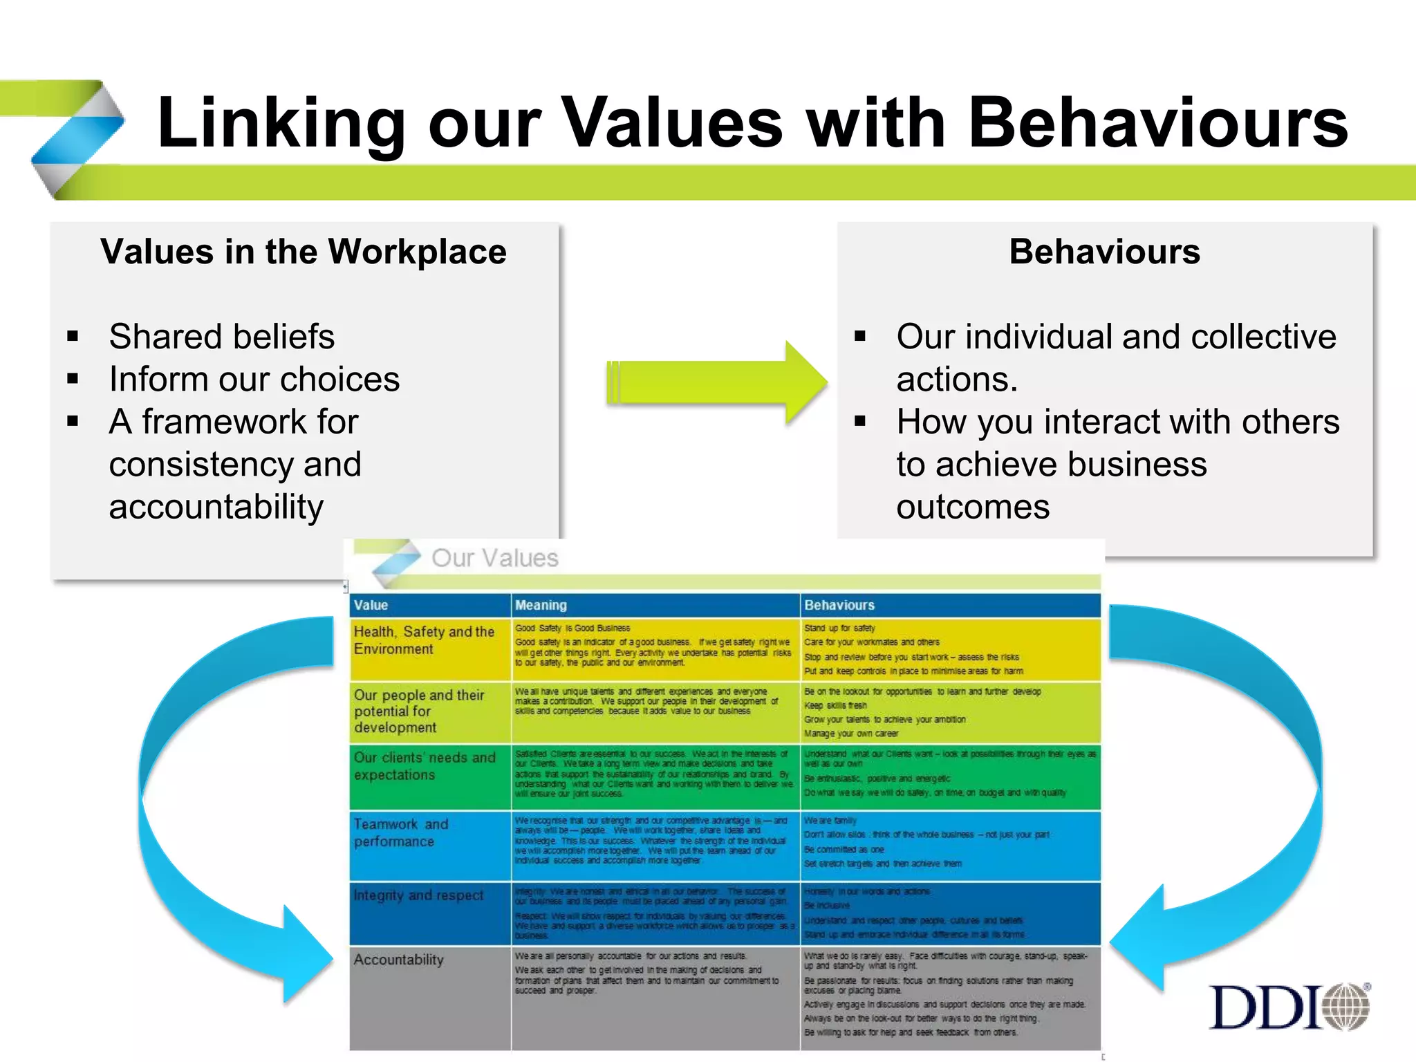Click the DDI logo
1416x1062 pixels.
pyautogui.click(x=1289, y=1007)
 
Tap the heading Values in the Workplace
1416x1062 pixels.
pyautogui.click(x=304, y=252)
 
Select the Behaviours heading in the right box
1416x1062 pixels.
pyautogui.click(x=1104, y=252)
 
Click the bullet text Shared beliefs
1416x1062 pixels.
pyautogui.click(x=221, y=337)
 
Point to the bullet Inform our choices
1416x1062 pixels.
pyautogui.click(x=254, y=380)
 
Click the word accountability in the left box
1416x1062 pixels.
pyautogui.click(x=216, y=507)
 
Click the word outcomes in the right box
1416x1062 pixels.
pyautogui.click(x=973, y=507)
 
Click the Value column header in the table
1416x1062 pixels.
pyautogui.click(x=371, y=605)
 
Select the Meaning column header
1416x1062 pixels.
pyautogui.click(x=541, y=605)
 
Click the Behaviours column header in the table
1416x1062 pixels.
pyautogui.click(x=839, y=605)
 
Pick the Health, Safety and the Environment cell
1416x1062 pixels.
pyautogui.click(x=424, y=640)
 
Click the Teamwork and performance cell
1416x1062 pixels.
pyautogui.click(x=401, y=832)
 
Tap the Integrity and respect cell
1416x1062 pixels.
pyautogui.click(x=418, y=895)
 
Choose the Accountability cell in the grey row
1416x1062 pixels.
pyautogui.click(x=399, y=960)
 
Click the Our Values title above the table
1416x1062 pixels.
pyautogui.click(x=494, y=558)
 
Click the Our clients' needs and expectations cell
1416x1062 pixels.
pyautogui.click(x=425, y=766)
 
